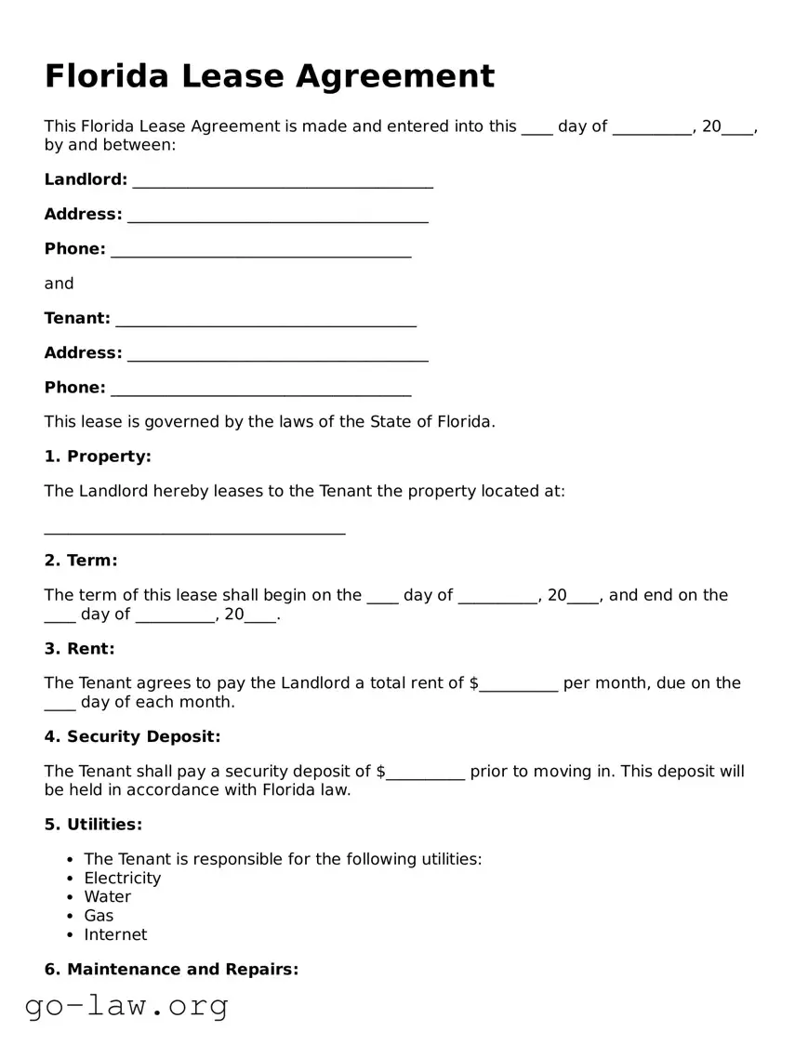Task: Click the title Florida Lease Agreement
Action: coord(270,76)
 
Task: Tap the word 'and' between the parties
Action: coord(59,284)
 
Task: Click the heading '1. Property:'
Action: coord(98,456)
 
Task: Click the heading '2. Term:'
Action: coord(81,561)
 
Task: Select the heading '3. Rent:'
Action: coord(80,649)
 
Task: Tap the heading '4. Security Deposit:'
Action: coord(132,737)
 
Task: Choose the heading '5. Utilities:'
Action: coord(93,825)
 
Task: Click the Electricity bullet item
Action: coord(122,879)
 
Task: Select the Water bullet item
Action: coord(107,897)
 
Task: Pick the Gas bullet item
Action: coord(99,916)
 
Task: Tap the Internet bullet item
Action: coord(115,934)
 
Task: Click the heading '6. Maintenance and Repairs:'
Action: coord(171,970)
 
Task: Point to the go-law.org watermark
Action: coord(126,1006)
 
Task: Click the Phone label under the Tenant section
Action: coord(74,388)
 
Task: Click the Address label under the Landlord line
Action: coord(83,215)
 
